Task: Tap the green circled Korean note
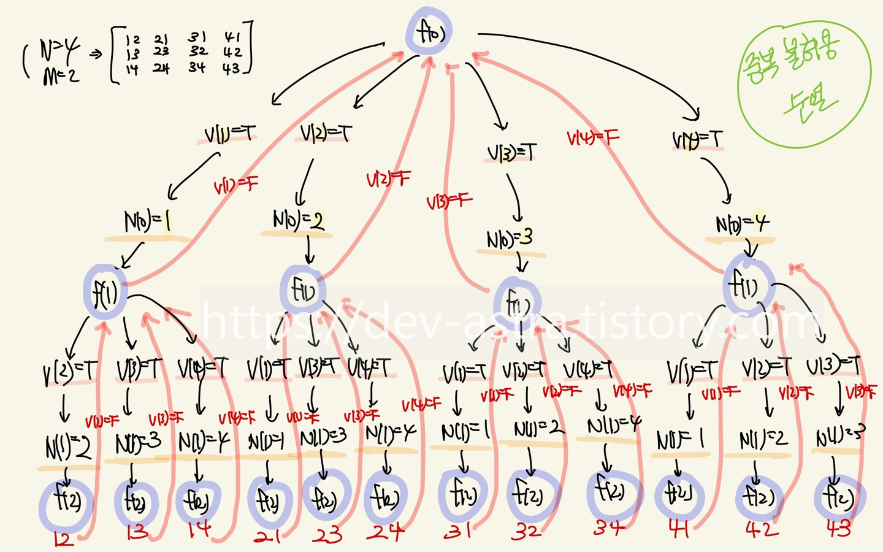(803, 83)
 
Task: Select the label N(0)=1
(147, 222)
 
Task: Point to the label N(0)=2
(299, 220)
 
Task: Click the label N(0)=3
(510, 239)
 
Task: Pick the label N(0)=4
(742, 224)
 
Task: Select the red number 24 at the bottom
(386, 532)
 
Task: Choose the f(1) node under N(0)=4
(744, 285)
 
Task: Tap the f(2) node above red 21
(269, 502)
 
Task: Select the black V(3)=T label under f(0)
(511, 152)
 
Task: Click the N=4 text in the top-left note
(59, 49)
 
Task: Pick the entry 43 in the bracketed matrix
(231, 69)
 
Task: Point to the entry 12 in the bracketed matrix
(132, 40)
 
